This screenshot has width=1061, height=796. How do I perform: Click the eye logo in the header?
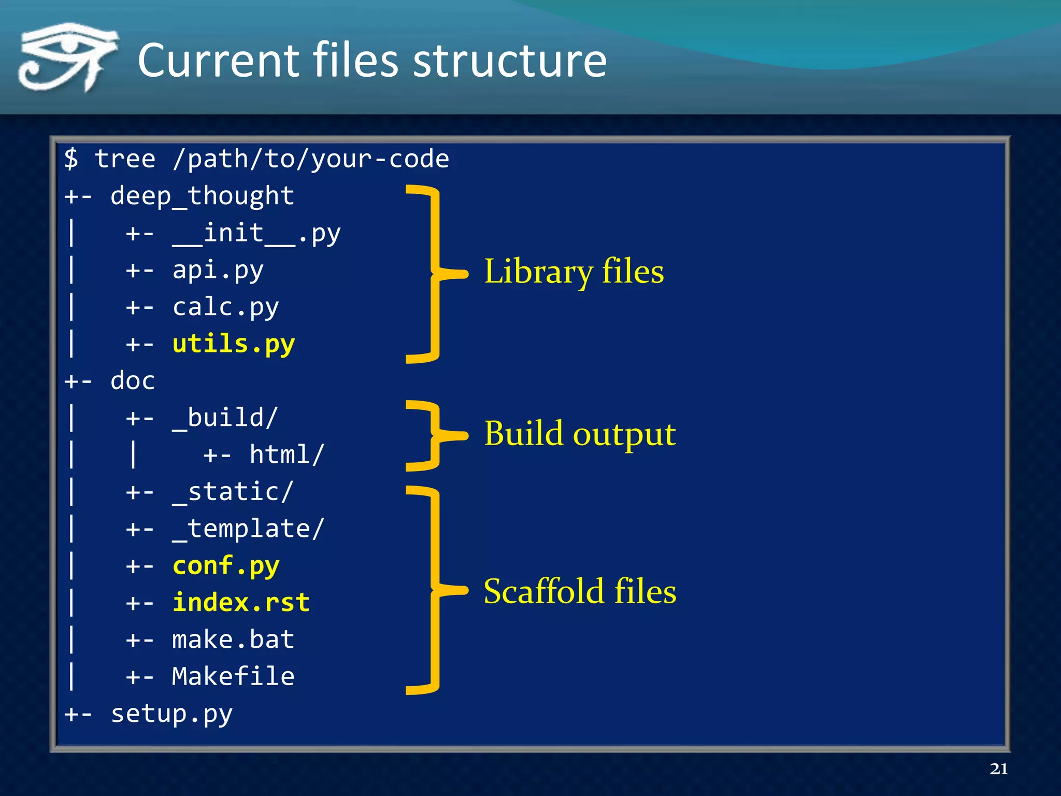[67, 57]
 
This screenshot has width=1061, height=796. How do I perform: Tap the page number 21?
[998, 769]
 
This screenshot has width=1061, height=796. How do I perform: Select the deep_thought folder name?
[202, 196]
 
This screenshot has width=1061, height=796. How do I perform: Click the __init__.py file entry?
[256, 233]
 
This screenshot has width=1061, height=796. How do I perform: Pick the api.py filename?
[218, 271]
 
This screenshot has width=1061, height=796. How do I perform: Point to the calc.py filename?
[225, 307]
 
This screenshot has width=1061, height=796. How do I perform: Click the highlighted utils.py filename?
[233, 344]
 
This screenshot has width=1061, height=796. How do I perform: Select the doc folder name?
[133, 381]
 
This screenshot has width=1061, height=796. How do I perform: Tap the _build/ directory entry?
[225, 418]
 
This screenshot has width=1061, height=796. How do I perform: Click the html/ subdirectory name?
[286, 455]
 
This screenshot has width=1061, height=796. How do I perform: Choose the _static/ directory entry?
[233, 492]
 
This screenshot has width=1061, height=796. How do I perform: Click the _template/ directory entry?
[249, 529]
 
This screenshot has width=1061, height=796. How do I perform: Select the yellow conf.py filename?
[225, 566]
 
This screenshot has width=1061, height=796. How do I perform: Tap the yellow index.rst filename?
[241, 603]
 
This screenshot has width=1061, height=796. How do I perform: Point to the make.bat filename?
[233, 639]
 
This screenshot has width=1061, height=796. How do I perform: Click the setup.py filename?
[171, 714]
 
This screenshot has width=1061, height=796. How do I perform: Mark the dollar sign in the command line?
[71, 158]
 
